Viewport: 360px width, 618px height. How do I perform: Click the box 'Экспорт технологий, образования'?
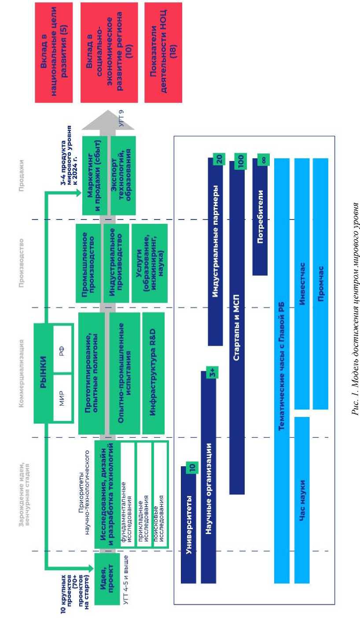[123, 175]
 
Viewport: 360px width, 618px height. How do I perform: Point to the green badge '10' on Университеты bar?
[192, 468]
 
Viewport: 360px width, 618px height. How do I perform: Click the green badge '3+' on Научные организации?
[213, 373]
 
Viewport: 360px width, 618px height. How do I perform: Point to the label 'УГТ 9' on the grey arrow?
[121, 118]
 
